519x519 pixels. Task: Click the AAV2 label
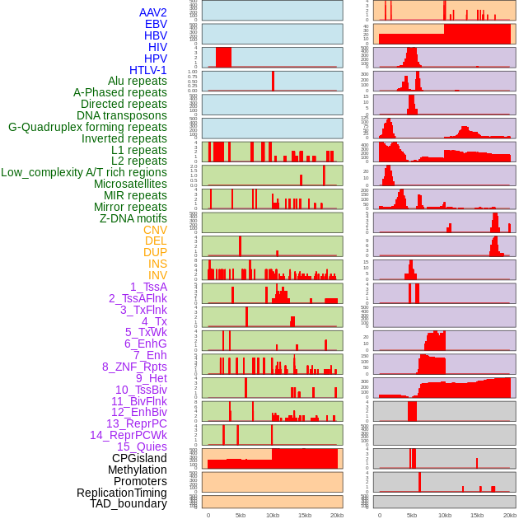click(x=153, y=12)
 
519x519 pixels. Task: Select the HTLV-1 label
click(x=148, y=70)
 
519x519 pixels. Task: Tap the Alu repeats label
click(x=138, y=81)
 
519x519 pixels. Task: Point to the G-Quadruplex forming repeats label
click(x=87, y=127)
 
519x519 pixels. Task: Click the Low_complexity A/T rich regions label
click(x=84, y=172)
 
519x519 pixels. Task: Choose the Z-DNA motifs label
click(x=133, y=218)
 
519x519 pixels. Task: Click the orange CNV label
click(x=155, y=230)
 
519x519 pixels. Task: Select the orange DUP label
click(x=155, y=252)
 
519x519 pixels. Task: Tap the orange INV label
click(x=157, y=275)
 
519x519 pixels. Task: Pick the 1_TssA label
click(x=148, y=287)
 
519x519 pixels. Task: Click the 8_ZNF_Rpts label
click(x=134, y=367)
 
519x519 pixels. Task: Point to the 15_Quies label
click(x=141, y=447)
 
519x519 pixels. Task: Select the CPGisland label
click(x=139, y=458)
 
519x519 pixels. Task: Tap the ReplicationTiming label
click(x=122, y=493)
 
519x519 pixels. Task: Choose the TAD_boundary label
click(x=129, y=503)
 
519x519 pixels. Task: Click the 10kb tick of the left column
click(x=272, y=515)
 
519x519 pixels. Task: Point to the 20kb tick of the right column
click(x=510, y=515)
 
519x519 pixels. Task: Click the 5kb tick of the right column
click(x=411, y=515)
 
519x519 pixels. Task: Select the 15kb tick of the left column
click(x=304, y=515)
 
